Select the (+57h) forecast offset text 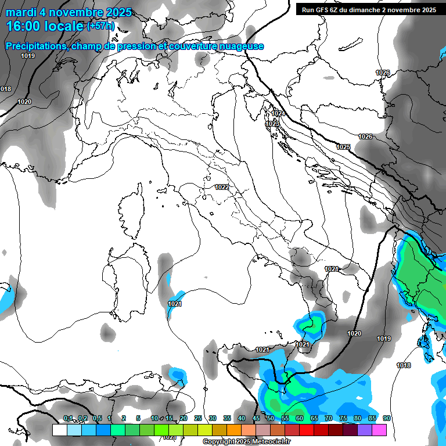(x=100, y=26)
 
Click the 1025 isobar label (x=343, y=147)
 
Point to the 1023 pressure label (x=272, y=124)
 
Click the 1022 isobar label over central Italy (x=221, y=187)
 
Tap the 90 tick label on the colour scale (x=386, y=418)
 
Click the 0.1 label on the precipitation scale (x=68, y=418)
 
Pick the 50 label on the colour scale (x=271, y=418)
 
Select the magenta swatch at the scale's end (x=379, y=430)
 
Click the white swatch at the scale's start (x=59, y=430)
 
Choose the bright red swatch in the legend (x=307, y=430)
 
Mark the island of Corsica (x=132, y=212)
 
